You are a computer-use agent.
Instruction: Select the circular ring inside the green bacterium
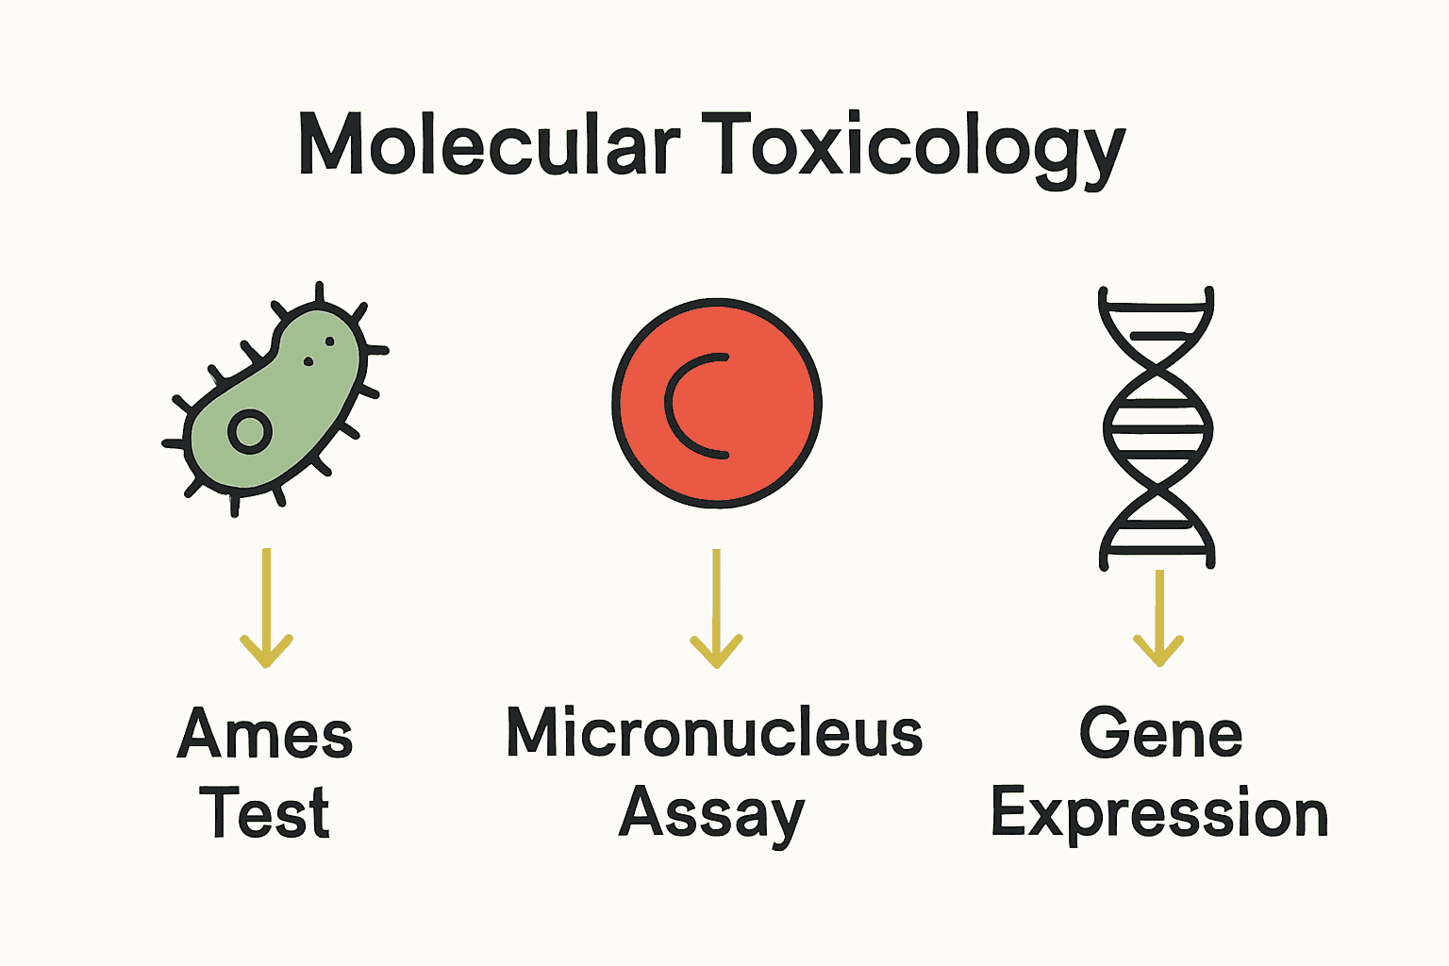(250, 432)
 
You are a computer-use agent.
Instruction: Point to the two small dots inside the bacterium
(320, 350)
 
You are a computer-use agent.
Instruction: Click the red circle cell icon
(717, 404)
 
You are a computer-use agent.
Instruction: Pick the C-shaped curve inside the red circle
(693, 406)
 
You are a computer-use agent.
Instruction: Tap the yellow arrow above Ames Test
(267, 608)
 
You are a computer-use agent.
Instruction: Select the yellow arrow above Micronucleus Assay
(717, 608)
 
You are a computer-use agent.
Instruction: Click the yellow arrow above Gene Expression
(1158, 618)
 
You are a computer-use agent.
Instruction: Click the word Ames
(265, 734)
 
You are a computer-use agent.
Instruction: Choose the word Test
(265, 813)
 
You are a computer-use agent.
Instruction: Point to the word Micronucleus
(714, 733)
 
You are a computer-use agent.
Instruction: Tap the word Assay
(712, 813)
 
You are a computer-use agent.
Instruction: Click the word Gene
(1160, 733)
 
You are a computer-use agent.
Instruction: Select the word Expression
(1159, 813)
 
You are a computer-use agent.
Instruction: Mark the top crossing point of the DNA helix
(1157, 368)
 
